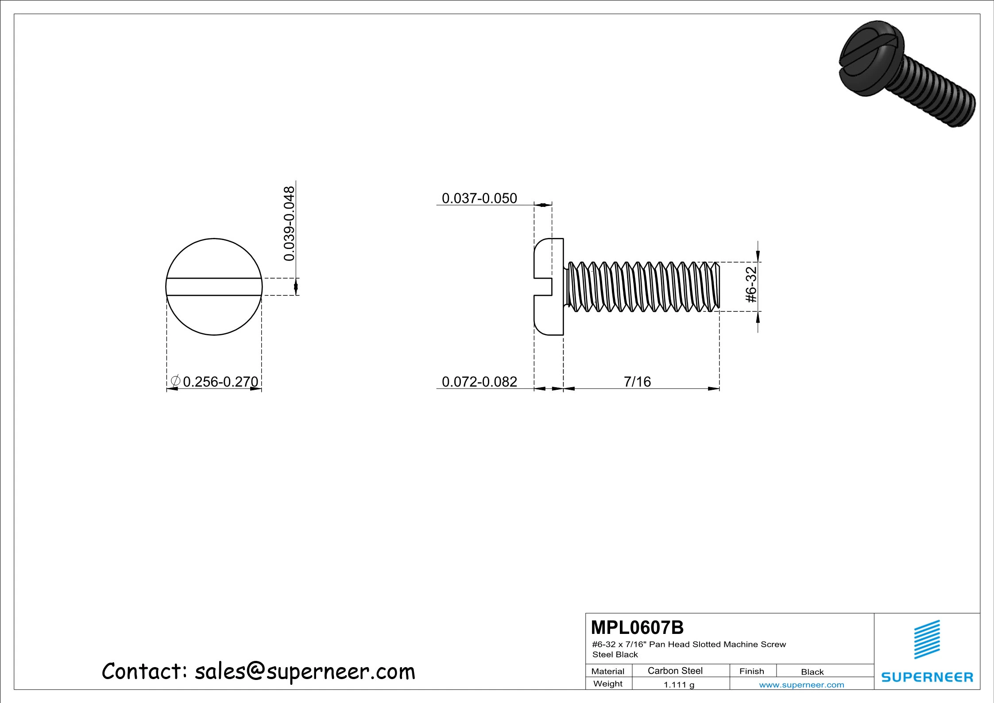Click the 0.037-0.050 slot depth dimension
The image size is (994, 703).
[x=479, y=198]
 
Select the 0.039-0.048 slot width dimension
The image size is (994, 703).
[x=289, y=223]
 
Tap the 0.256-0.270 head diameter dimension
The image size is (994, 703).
[x=220, y=381]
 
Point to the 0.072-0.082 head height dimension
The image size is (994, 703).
[x=479, y=381]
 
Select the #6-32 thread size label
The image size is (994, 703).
[x=751, y=285]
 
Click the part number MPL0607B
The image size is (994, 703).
[x=637, y=627]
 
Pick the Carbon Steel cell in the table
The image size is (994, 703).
[x=675, y=671]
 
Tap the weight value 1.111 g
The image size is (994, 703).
[x=679, y=684]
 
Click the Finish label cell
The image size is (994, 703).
[x=751, y=671]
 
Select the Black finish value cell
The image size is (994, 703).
[x=812, y=672]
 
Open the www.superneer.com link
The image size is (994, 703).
[x=801, y=685]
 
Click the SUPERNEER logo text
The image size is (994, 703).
[x=927, y=677]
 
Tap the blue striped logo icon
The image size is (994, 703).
[x=927, y=639]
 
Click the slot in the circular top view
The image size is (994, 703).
[x=214, y=287]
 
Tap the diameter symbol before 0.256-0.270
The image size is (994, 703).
[x=175, y=381]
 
